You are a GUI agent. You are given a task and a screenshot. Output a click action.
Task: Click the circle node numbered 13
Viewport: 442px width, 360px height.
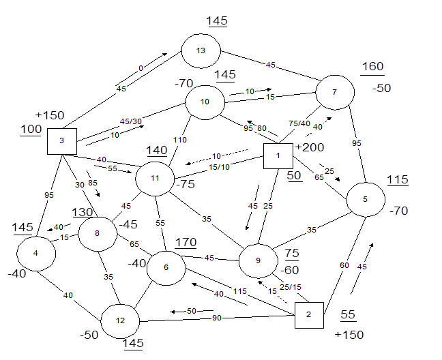pyautogui.click(x=201, y=51)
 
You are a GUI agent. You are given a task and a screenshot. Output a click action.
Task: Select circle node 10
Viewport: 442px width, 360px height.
pyautogui.click(x=205, y=103)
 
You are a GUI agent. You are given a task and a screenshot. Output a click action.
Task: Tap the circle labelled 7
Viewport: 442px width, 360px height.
pyautogui.click(x=334, y=92)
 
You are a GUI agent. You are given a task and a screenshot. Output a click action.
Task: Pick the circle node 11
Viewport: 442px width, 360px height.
pyautogui.click(x=156, y=179)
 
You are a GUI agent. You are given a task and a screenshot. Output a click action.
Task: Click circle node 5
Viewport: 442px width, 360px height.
pyautogui.click(x=366, y=200)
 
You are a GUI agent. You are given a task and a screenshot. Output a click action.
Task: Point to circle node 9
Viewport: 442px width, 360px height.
pyautogui.click(x=259, y=260)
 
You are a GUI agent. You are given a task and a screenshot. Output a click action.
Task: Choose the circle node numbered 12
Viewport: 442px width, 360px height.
pyautogui.click(x=120, y=320)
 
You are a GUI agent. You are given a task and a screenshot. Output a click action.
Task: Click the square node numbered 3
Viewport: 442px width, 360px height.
pyautogui.click(x=61, y=141)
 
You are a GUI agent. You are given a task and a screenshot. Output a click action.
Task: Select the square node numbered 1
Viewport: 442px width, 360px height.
pyautogui.click(x=278, y=156)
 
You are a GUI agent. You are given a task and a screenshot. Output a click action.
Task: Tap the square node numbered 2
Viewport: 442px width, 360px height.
pyautogui.click(x=308, y=315)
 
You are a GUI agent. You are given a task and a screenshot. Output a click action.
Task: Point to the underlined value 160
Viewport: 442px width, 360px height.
pyautogui.click(x=372, y=67)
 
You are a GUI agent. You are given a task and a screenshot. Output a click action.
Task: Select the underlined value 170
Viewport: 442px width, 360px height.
pyautogui.click(x=186, y=242)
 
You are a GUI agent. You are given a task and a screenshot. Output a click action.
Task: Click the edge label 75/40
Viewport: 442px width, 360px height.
pyautogui.click(x=299, y=124)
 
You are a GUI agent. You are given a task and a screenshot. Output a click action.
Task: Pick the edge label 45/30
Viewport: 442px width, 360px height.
pyautogui.click(x=131, y=121)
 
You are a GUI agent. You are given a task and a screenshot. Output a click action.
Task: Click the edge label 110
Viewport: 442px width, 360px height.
pyautogui.click(x=179, y=140)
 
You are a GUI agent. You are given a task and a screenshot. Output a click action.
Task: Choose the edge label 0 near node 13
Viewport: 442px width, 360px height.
pyautogui.click(x=141, y=69)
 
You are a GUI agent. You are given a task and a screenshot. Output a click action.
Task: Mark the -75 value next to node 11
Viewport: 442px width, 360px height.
pyautogui.click(x=186, y=183)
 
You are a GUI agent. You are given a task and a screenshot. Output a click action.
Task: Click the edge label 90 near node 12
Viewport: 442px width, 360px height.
pyautogui.click(x=216, y=318)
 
